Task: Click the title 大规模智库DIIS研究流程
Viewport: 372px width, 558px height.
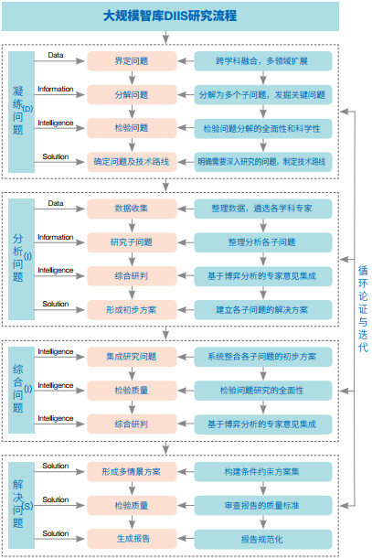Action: point(170,16)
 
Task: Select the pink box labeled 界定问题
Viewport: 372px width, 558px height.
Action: point(132,61)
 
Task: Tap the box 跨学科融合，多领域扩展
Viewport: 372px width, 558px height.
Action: point(263,61)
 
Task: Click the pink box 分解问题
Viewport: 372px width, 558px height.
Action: point(132,94)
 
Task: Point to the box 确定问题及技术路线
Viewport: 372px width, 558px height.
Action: point(132,162)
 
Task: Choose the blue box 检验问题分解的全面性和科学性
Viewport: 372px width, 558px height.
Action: point(263,128)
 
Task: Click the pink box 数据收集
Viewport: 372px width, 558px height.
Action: point(132,209)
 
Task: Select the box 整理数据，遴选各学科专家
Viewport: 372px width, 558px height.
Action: point(263,209)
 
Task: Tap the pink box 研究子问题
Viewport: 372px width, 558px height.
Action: point(132,242)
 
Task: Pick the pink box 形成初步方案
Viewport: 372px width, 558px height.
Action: point(132,309)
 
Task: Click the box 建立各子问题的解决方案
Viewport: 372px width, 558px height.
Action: point(263,309)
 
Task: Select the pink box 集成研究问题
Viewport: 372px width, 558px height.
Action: point(132,357)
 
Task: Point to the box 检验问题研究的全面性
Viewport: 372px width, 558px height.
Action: point(263,391)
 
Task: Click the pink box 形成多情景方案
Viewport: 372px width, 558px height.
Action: point(132,471)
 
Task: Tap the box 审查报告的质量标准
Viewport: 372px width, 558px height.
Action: point(263,505)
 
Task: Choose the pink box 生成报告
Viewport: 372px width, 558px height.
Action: point(132,539)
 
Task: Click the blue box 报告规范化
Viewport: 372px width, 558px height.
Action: point(263,539)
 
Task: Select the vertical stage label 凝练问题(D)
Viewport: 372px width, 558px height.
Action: point(21,112)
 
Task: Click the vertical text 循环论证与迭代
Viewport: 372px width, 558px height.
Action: point(363,308)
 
